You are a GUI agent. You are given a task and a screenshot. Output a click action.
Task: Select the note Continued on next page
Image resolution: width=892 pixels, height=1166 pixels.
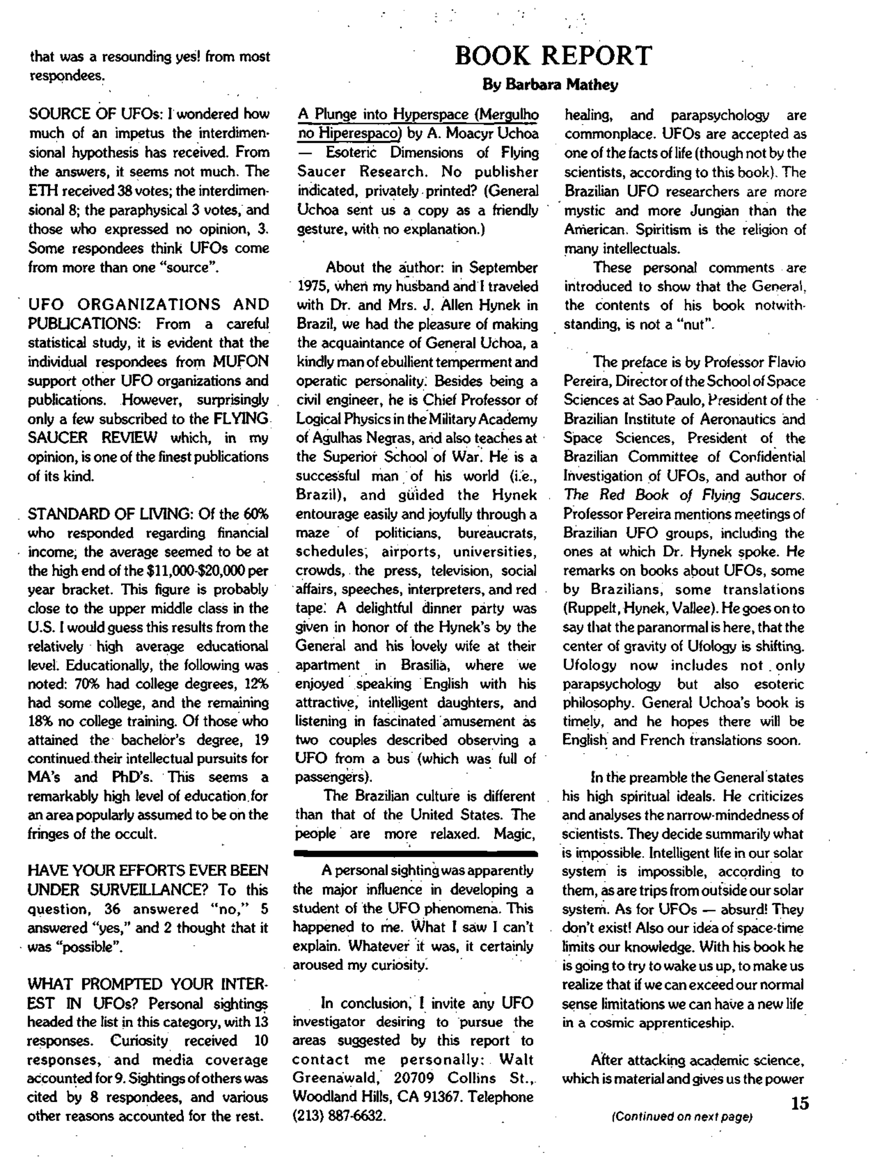[x=682, y=1117]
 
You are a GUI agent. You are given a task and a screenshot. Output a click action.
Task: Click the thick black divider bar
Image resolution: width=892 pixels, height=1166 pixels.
[x=415, y=853]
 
